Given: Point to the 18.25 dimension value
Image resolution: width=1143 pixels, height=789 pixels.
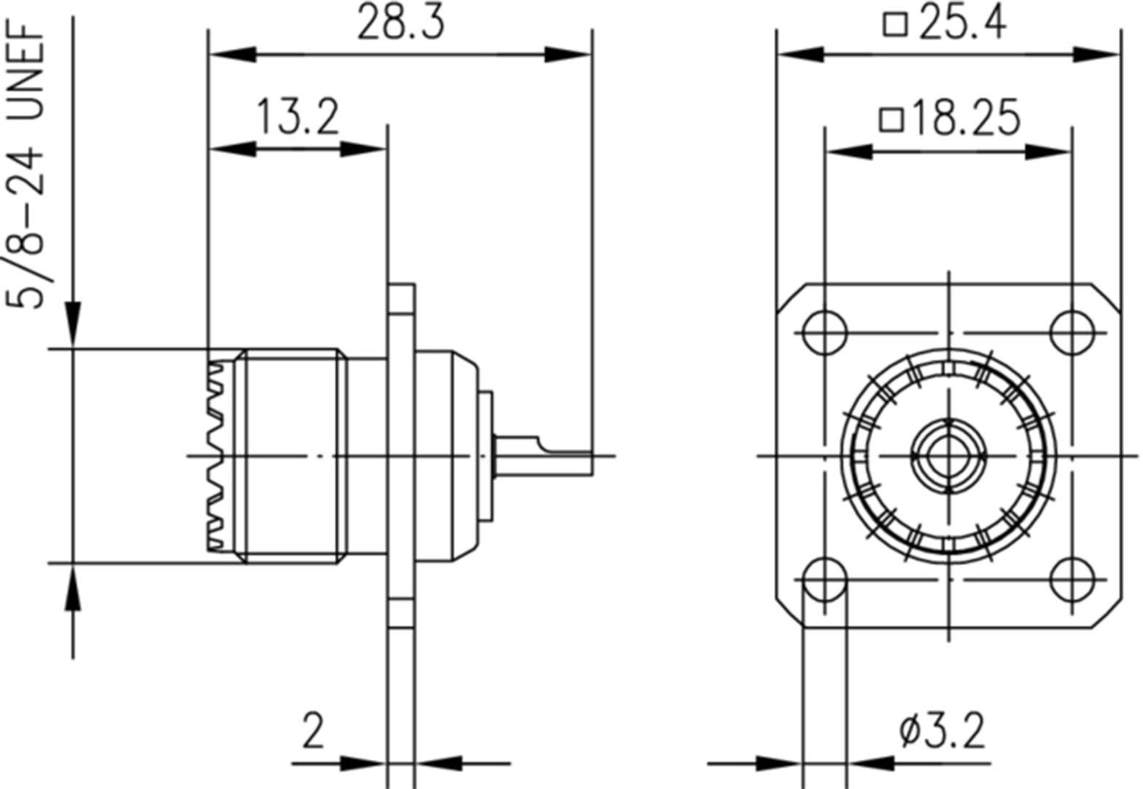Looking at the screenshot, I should click(x=965, y=118).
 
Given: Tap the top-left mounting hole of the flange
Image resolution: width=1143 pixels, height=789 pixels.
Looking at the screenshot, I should click(x=824, y=333).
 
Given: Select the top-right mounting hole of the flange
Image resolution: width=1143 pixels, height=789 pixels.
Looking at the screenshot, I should click(x=1072, y=333).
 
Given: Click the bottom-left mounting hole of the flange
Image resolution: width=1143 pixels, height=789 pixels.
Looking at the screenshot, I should click(x=824, y=580).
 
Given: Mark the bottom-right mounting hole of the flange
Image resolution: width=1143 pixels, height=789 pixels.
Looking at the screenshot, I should click(x=1072, y=580).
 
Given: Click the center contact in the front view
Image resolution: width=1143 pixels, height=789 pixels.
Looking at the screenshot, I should click(x=948, y=456).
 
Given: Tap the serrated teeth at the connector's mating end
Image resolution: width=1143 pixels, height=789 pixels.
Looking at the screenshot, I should click(x=215, y=456).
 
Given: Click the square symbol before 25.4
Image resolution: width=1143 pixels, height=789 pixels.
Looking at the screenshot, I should click(x=894, y=24).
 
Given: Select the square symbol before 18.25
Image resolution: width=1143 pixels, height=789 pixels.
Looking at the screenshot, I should click(x=891, y=119).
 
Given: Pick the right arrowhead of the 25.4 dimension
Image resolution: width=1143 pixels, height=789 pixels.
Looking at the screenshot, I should click(x=1098, y=55).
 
